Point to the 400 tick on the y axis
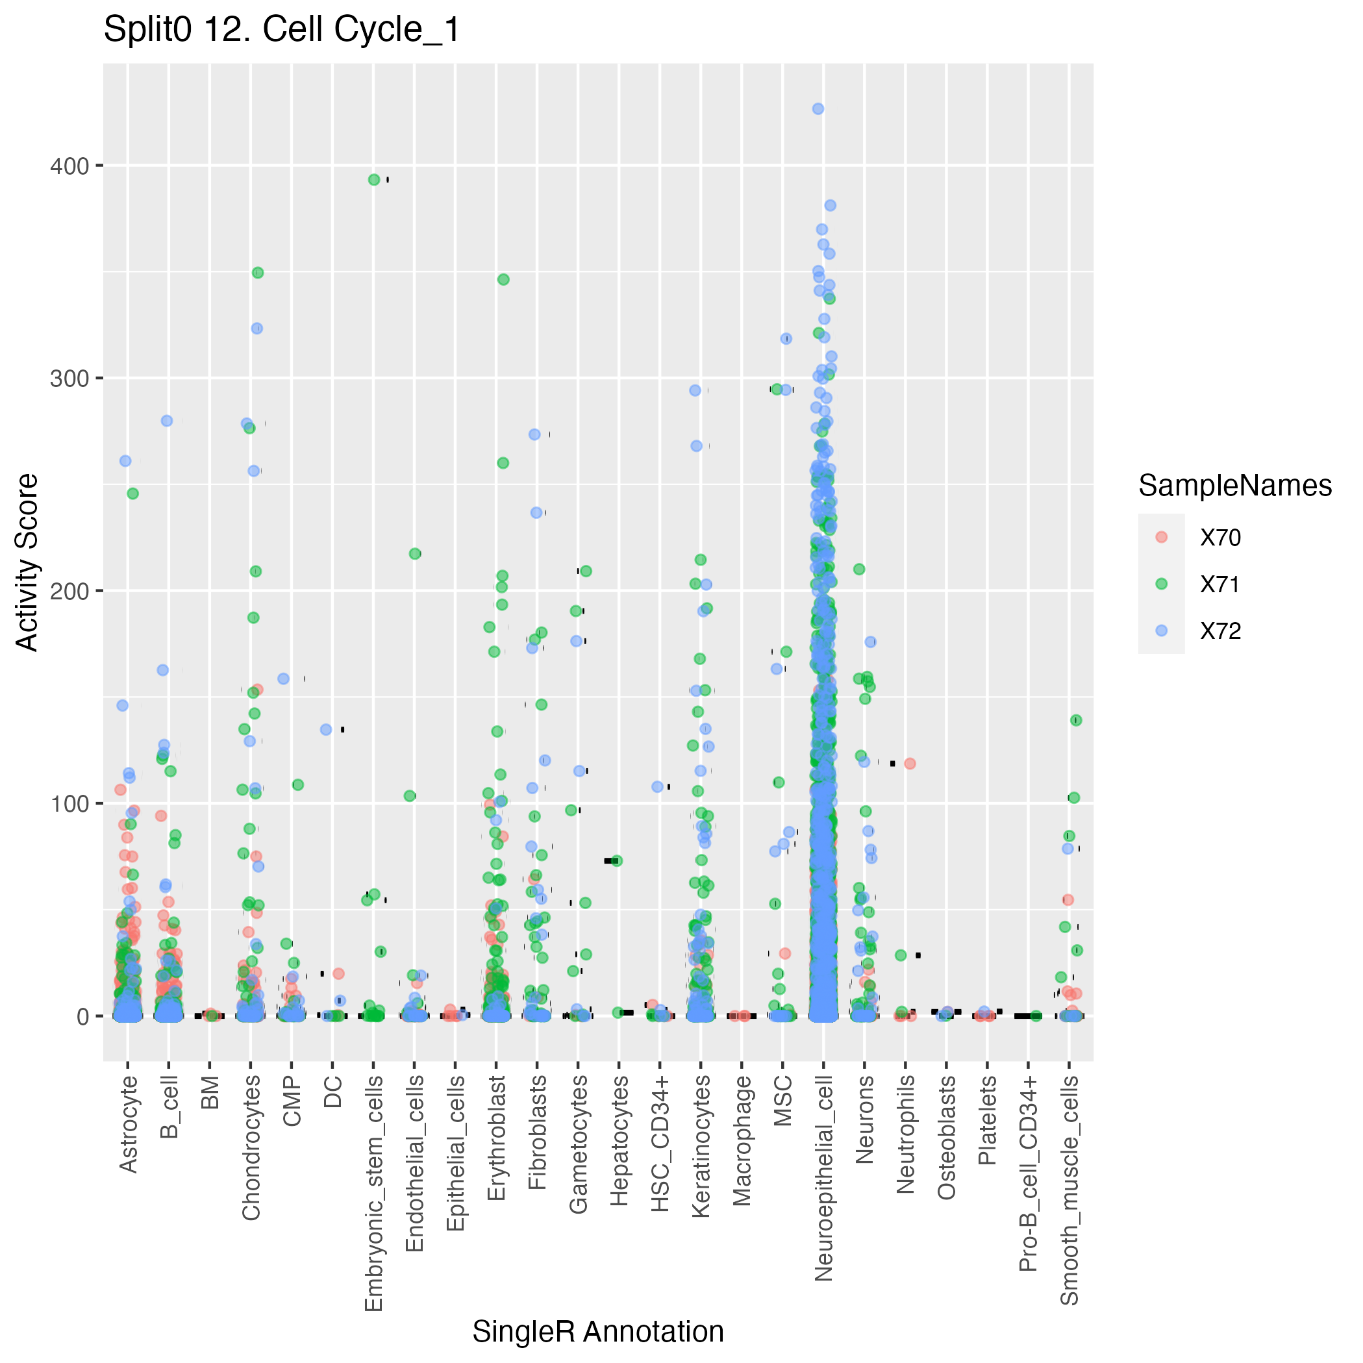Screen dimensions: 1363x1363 point(69,166)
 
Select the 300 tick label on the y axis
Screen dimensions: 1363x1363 point(69,379)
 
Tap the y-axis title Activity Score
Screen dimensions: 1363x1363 point(27,562)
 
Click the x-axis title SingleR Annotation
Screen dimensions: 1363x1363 point(597,1331)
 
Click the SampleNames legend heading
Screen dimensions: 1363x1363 point(1234,486)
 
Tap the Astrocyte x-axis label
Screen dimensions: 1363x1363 point(129,1125)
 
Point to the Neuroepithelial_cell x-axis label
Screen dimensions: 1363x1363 point(823,1179)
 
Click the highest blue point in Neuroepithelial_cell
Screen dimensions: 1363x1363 point(818,108)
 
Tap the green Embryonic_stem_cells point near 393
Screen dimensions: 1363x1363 point(374,180)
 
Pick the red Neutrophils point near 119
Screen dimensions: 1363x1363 point(910,764)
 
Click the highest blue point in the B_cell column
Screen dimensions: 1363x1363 point(167,421)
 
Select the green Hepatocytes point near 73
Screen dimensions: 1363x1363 point(617,860)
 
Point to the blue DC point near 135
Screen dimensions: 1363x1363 point(326,729)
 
